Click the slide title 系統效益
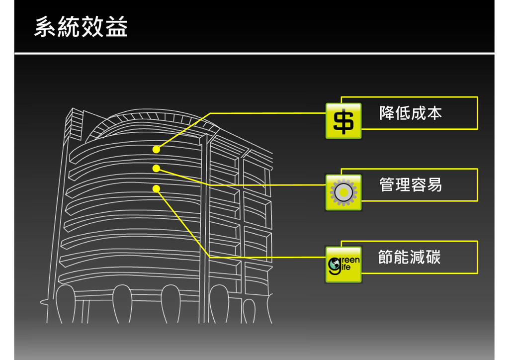pyautogui.click(x=81, y=27)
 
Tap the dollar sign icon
pyautogui.click(x=343, y=121)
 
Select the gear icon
pyautogui.click(x=343, y=192)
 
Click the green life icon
pyautogui.click(x=343, y=265)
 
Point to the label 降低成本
pyautogui.click(x=411, y=113)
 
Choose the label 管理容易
pyautogui.click(x=411, y=185)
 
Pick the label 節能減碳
pyautogui.click(x=410, y=257)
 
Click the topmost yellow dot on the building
pyautogui.click(x=156, y=149)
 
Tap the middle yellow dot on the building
pyautogui.click(x=156, y=169)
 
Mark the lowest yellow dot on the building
pyautogui.click(x=156, y=188)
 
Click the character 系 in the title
pyautogui.click(x=45, y=27)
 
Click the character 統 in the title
pyautogui.click(x=69, y=27)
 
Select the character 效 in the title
pyautogui.click(x=93, y=27)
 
